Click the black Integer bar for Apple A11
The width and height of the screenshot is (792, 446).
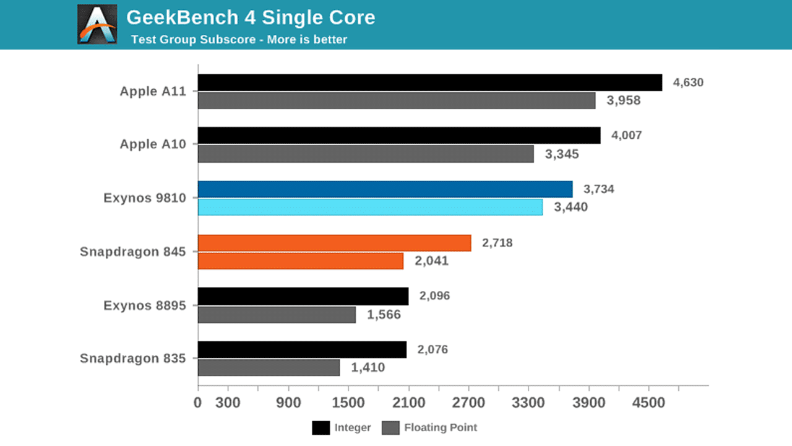(430, 83)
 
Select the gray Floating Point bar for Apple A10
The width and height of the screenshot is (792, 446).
(366, 154)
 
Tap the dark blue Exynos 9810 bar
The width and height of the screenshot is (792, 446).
(385, 190)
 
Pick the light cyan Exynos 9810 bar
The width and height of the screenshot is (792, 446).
(370, 208)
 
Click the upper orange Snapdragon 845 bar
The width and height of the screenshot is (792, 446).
(334, 243)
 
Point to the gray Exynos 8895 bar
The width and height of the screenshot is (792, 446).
(277, 315)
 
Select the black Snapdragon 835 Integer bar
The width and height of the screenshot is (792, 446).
(302, 350)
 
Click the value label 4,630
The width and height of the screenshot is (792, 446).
(688, 82)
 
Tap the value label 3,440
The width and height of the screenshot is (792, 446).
(570, 208)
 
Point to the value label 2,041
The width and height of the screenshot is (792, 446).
(431, 261)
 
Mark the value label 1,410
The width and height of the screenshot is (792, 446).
(368, 368)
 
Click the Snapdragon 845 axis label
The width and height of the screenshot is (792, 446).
(133, 252)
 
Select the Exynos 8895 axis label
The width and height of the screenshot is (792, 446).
(145, 305)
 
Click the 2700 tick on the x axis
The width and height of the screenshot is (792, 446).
(468, 403)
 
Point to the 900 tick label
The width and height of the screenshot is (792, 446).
(288, 403)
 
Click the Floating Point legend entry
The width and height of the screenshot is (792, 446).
(431, 427)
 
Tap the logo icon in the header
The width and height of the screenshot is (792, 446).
(97, 25)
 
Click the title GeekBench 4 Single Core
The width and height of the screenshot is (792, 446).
(251, 17)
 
